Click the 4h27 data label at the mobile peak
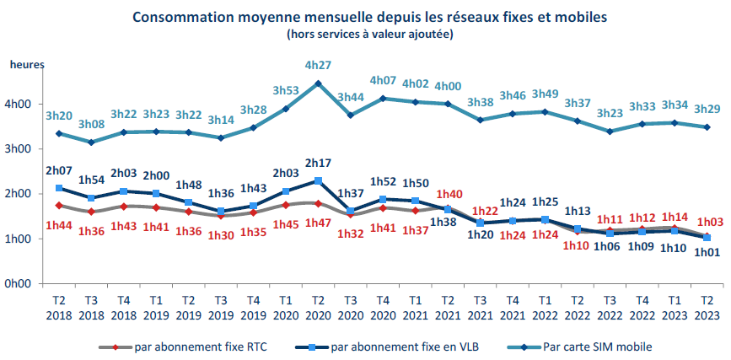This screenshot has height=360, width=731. click(318, 66)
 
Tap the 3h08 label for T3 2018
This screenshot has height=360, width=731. click(92, 125)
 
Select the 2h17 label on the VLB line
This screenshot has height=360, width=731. click(317, 163)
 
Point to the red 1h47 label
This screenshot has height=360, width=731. click(317, 223)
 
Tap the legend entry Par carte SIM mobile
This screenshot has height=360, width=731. click(598, 346)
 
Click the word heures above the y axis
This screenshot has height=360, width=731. click(27, 64)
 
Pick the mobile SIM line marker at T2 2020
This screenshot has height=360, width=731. click(318, 83)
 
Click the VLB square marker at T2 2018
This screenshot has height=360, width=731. click(58, 188)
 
